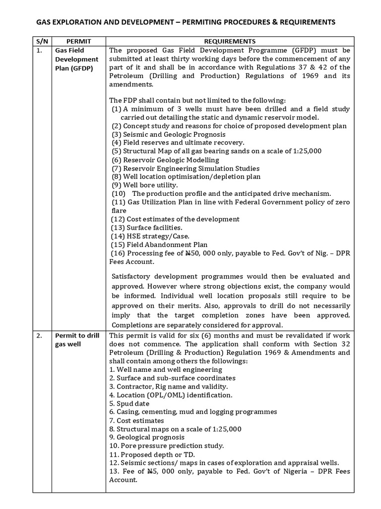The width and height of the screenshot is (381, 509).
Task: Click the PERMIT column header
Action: point(77,41)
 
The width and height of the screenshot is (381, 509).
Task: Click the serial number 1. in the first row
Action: point(39,50)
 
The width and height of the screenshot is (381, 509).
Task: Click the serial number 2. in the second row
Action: point(39,336)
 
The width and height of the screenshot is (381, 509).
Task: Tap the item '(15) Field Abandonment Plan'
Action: point(159,245)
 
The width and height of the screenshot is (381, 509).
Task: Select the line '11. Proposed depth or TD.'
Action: point(152,454)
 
